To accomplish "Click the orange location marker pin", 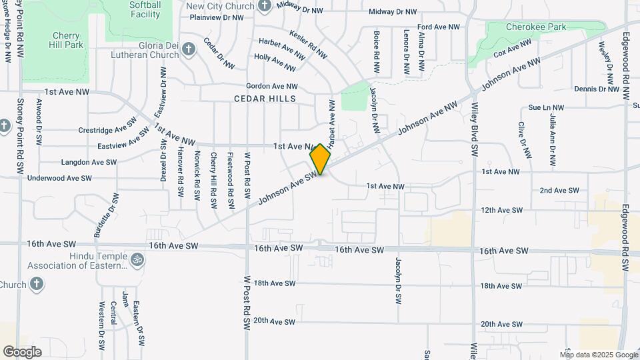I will [x=321, y=159].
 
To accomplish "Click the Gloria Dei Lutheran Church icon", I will [x=189, y=49].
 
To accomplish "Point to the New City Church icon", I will [x=265, y=6].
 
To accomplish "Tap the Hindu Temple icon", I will [x=137, y=259].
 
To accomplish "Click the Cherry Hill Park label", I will [x=66, y=39].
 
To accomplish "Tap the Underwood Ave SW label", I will [x=59, y=179].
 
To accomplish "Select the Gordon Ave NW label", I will [x=272, y=86].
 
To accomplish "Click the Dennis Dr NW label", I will [x=597, y=89].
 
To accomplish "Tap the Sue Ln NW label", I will [x=545, y=107].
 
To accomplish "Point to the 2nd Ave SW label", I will [x=559, y=191].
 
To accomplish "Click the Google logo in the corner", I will [x=22, y=351].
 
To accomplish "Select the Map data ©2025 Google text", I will [x=599, y=355].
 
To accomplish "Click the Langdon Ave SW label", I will [x=89, y=162].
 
